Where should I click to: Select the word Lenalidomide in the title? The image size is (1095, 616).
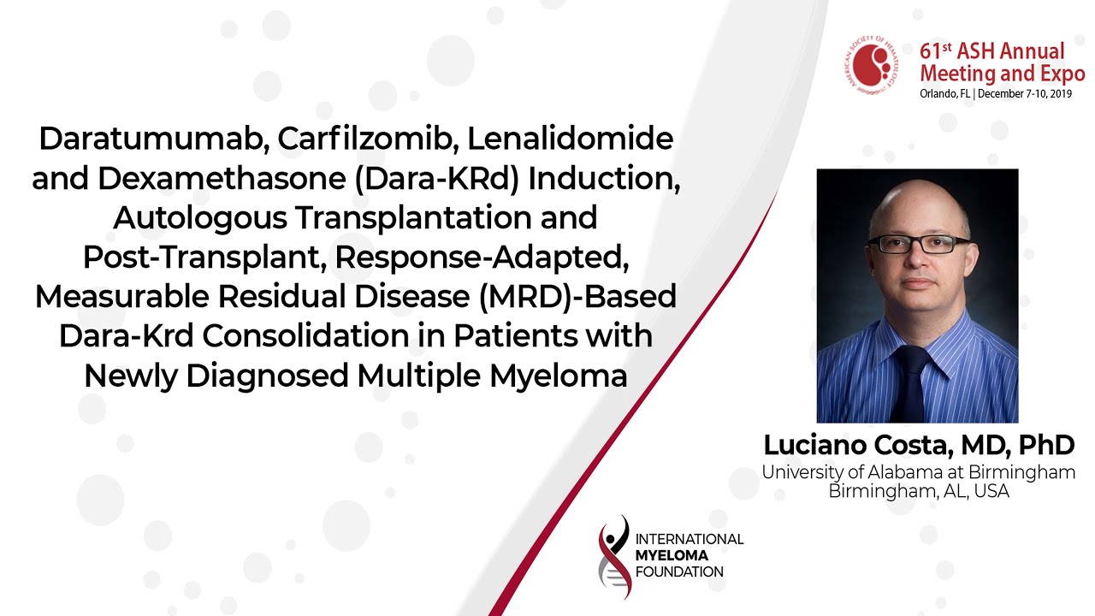571,139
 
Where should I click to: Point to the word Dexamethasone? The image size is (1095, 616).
222,179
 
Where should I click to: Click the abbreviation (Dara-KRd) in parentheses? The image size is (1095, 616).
437,179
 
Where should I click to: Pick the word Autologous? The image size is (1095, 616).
200,218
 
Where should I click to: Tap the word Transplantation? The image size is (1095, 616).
413,218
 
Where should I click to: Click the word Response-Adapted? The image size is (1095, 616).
482,258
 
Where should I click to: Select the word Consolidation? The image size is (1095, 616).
305,336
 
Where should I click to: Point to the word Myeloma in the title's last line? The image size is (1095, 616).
559,376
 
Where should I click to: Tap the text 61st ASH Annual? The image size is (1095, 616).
991,51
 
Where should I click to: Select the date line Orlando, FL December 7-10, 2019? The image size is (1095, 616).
996,93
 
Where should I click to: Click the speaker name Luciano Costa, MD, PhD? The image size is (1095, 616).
919,445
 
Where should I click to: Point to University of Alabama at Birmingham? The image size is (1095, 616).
919,471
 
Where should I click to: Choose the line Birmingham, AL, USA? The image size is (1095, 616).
919,490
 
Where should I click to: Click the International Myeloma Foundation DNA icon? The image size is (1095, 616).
614,557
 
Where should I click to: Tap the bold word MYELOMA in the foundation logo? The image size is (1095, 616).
672,555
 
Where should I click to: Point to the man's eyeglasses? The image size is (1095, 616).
919,244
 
